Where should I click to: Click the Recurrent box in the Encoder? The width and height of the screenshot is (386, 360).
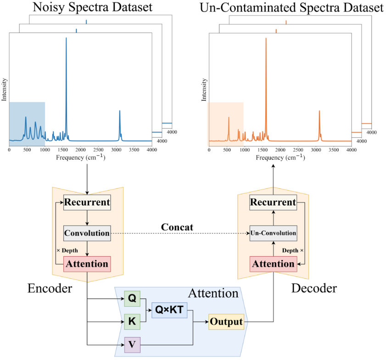tap(87, 202)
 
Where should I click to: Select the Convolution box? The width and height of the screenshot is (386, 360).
tap(87, 233)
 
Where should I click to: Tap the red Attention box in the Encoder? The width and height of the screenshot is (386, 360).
tap(87, 264)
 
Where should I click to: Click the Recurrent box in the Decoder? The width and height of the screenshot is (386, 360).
tap(273, 202)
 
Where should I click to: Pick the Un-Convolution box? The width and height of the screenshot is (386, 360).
tap(273, 233)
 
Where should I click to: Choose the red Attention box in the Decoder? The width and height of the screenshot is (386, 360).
tap(273, 264)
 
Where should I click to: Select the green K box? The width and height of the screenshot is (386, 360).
tap(132, 321)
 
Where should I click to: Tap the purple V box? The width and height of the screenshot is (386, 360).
tap(132, 344)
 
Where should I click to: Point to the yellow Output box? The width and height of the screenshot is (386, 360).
tap(226, 321)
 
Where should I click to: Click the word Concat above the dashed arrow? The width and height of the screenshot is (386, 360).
tap(177, 227)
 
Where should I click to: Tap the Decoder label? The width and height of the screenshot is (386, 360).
tap(314, 288)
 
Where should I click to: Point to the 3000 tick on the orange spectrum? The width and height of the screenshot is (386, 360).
tap(316, 150)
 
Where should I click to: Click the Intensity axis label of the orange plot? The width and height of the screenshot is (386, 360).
tap(204, 90)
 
